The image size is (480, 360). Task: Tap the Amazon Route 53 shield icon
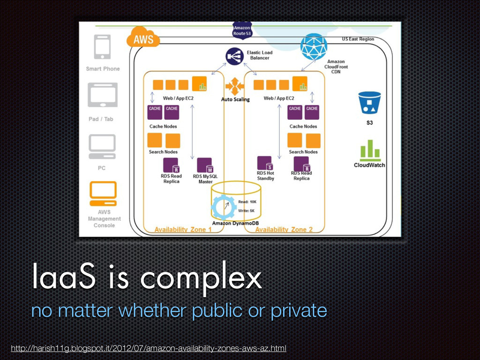[x=242, y=30]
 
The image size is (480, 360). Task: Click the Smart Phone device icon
[x=103, y=46]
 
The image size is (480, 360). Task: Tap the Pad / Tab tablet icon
[x=103, y=97]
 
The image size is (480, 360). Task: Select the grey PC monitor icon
[x=102, y=146]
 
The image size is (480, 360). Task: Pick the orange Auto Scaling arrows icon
[x=234, y=87]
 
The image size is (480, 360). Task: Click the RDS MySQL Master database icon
[x=205, y=165]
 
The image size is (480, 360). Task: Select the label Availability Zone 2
[x=284, y=229]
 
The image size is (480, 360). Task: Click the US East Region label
[x=358, y=39]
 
